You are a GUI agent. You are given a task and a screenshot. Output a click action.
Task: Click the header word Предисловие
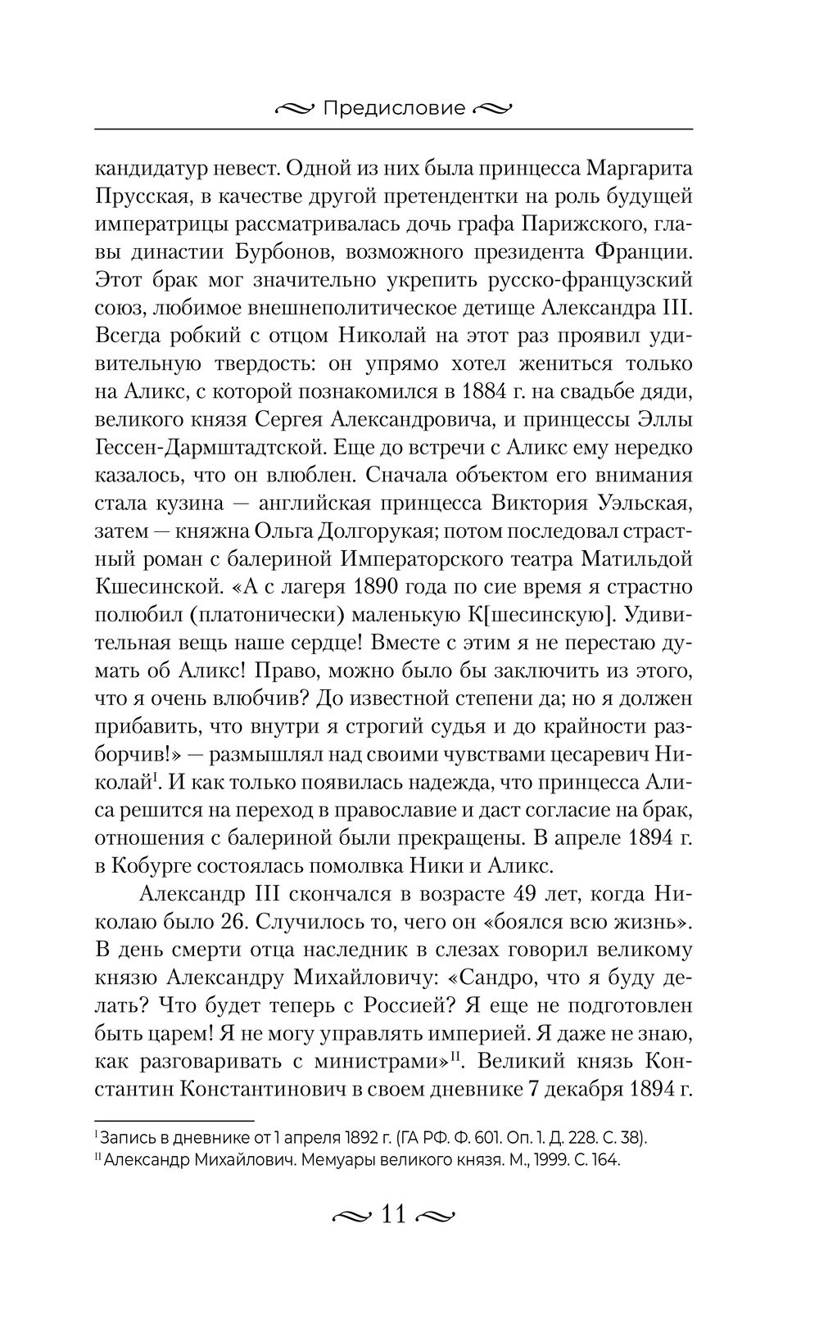tap(394, 108)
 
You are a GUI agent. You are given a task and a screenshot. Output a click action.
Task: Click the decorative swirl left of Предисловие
tap(294, 108)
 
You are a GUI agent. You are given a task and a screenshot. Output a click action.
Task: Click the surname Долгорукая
tap(361, 531)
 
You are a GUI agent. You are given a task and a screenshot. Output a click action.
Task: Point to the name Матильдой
tap(635, 559)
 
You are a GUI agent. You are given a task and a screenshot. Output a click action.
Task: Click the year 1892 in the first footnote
tap(354, 1138)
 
